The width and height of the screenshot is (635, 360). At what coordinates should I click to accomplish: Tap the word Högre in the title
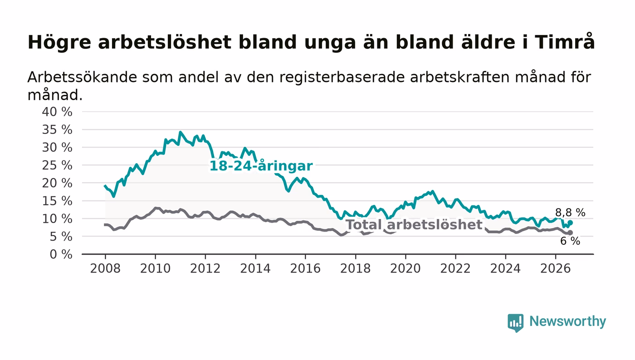tap(59, 43)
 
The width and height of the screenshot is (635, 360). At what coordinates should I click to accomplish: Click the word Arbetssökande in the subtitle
tap(82, 77)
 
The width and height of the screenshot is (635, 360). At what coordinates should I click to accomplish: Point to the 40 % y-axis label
tap(57, 112)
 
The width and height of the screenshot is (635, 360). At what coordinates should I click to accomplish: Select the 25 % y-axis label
tap(57, 165)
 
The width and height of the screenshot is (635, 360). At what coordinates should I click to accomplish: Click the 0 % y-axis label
tap(61, 254)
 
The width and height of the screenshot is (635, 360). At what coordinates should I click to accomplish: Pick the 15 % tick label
tap(57, 201)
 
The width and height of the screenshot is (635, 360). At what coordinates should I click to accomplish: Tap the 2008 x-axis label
tap(105, 268)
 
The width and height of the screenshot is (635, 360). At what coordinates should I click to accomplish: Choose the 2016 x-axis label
tap(305, 268)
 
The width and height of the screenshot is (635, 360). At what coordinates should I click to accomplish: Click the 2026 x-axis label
tap(555, 268)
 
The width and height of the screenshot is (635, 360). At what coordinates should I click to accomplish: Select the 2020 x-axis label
tap(405, 268)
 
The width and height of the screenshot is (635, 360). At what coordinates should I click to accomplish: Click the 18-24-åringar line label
tap(261, 166)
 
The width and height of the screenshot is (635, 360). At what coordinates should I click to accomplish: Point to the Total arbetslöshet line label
tap(414, 224)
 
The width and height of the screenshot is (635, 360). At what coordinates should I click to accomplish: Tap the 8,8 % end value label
tap(570, 212)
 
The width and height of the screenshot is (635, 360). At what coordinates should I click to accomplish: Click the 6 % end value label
tap(570, 241)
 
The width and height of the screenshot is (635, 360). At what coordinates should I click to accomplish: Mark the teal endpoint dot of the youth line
tap(571, 223)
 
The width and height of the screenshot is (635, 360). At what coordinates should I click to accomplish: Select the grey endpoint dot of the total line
tap(571, 233)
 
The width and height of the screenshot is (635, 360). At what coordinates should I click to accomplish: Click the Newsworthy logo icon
tap(515, 322)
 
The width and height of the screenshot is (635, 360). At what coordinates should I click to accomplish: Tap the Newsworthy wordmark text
tap(567, 321)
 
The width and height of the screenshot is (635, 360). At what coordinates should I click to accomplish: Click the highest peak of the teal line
tap(181, 132)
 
